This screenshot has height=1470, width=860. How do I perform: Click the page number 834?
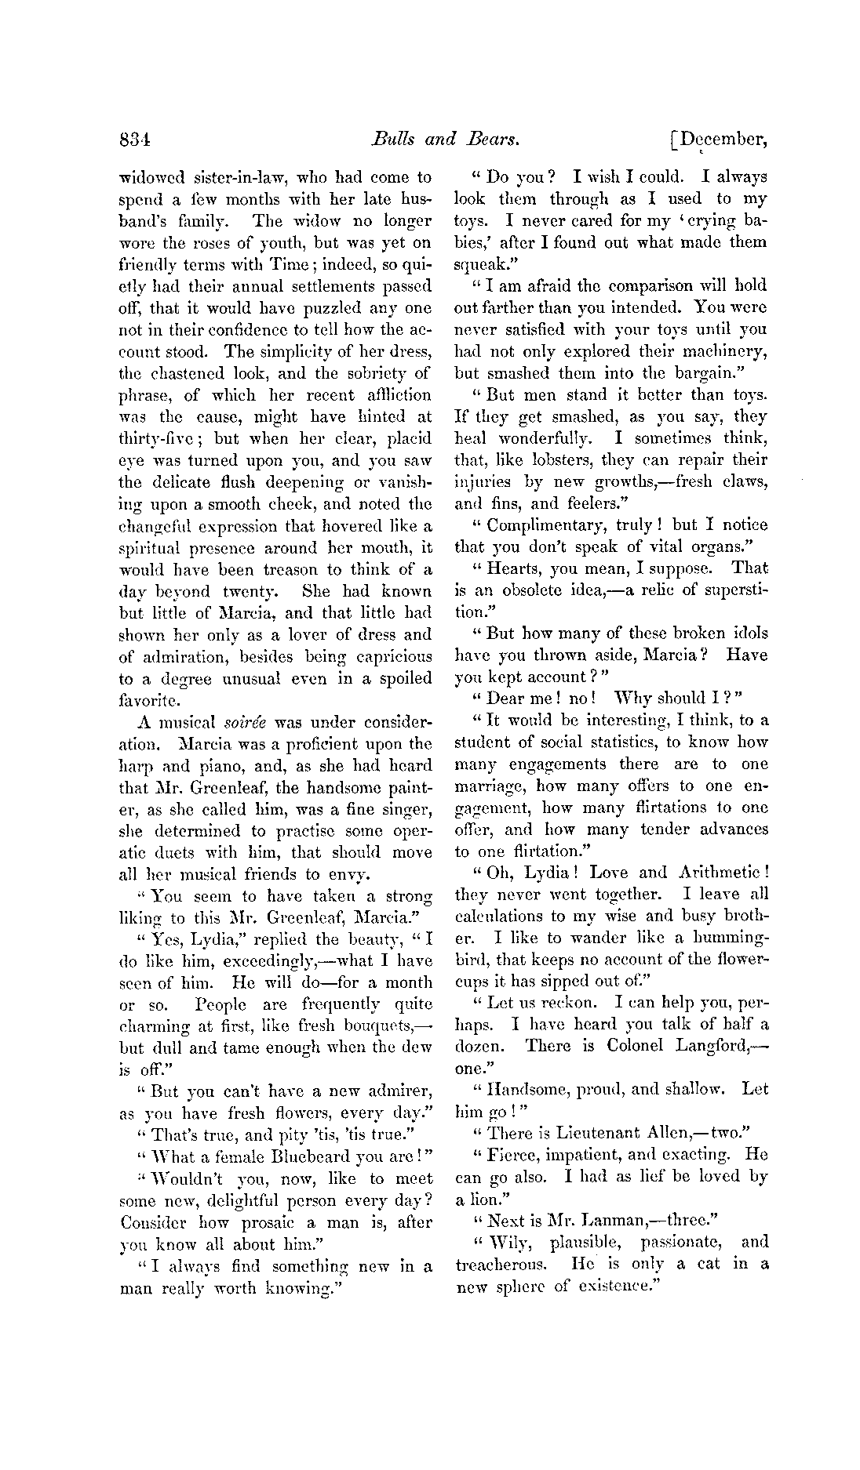[x=135, y=140]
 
